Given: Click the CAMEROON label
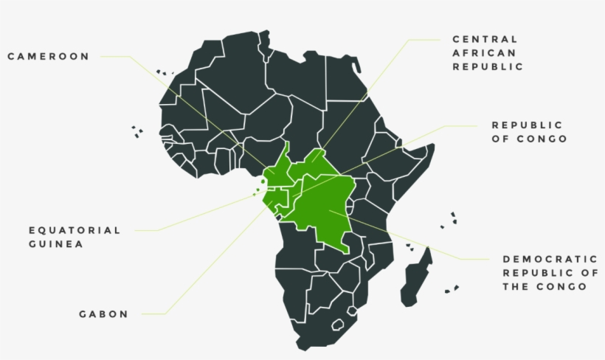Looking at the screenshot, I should click(48, 56).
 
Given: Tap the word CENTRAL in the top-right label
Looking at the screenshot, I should click(485, 38).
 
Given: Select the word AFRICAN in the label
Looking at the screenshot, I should click(485, 52).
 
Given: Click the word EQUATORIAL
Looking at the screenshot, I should click(75, 230).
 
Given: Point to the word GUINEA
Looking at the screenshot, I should click(56, 244).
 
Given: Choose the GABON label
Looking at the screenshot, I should click(103, 314).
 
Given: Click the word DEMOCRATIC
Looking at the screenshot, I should click(550, 259).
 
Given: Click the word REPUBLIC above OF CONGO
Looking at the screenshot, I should click(527, 125).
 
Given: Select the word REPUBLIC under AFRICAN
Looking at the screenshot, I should click(488, 66).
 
